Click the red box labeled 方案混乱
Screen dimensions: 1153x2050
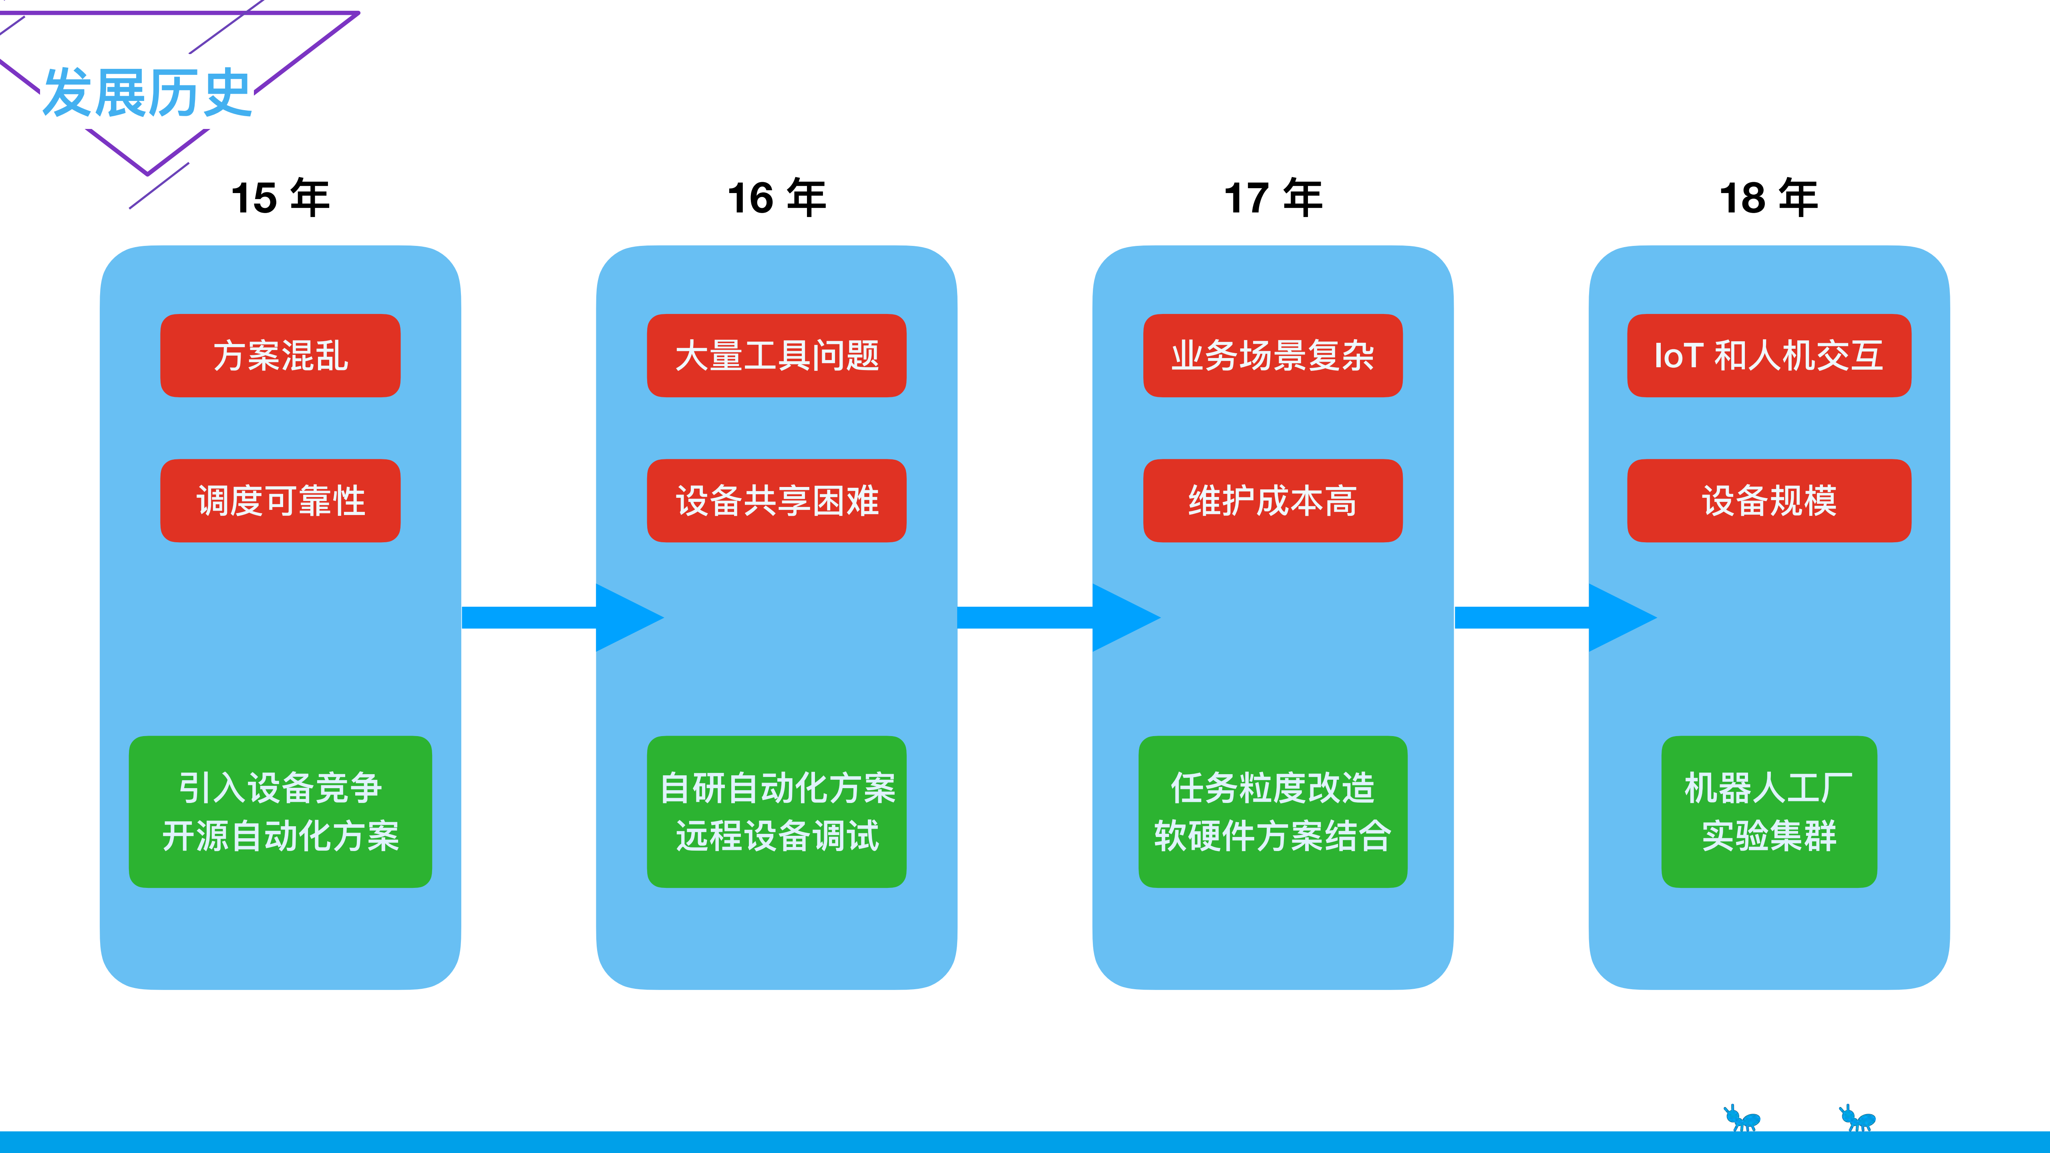[280, 356]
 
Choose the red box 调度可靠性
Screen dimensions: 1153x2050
[280, 501]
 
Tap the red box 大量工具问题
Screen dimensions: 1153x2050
[777, 356]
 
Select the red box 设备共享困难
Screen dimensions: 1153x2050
[777, 501]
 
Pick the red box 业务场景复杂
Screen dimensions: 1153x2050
[1273, 356]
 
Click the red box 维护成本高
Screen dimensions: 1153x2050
[1273, 501]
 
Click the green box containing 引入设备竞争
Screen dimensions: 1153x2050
[280, 812]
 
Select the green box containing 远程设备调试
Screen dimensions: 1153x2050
[777, 812]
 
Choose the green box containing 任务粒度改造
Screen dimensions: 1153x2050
[1273, 812]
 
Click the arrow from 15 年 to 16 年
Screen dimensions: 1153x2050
[557, 618]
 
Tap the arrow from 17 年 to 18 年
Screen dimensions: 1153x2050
[1552, 618]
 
